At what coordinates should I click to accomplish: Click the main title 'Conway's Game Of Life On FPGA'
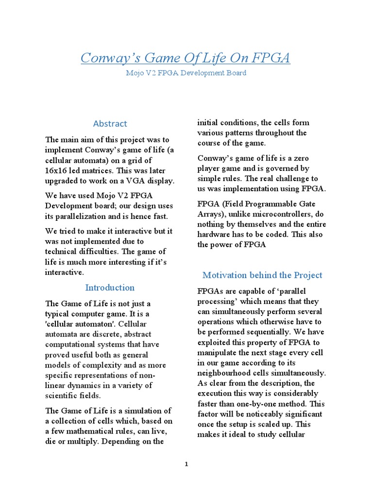[185, 58]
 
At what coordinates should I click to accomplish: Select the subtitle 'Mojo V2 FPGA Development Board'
[185, 73]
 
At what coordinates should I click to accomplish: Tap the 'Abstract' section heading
[110, 123]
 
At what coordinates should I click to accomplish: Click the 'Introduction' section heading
[110, 287]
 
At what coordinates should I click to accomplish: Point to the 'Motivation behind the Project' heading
[262, 275]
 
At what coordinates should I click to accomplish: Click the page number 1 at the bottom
[186, 464]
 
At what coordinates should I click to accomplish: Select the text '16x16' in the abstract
[56, 171]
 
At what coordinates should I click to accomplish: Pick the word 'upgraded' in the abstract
[63, 181]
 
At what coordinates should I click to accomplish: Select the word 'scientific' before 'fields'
[64, 396]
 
